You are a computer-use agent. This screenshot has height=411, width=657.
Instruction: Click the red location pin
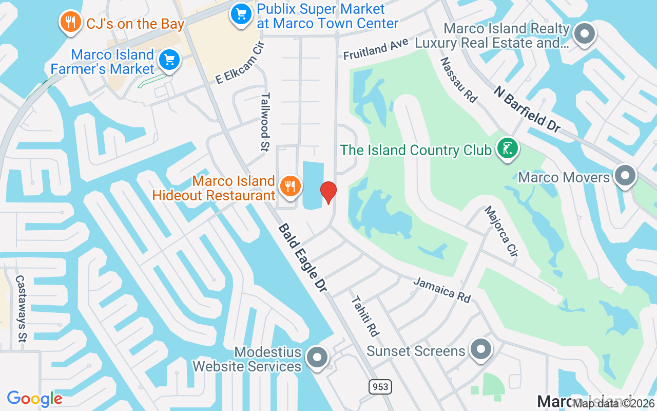point(328,192)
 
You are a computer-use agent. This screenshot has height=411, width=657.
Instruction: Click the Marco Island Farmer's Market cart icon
point(169,60)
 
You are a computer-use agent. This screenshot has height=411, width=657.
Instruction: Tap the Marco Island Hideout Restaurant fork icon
point(291,186)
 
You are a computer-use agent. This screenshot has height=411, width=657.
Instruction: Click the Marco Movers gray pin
point(625,176)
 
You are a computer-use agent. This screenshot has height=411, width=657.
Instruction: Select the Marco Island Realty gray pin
point(584,34)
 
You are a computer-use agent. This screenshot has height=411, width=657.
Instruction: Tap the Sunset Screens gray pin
point(480,349)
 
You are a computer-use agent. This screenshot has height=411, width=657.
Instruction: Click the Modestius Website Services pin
point(317,357)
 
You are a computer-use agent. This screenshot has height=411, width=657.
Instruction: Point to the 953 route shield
point(379,386)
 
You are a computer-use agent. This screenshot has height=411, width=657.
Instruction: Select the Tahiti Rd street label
point(365,316)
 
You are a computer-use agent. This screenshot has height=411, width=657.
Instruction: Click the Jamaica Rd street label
point(441,290)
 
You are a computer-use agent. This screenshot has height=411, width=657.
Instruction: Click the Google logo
point(35,399)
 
